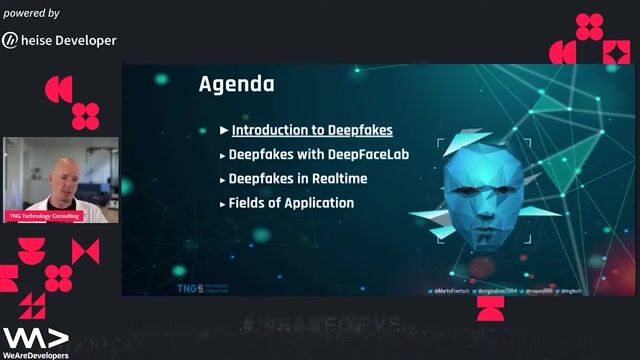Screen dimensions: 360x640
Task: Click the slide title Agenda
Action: click(236, 83)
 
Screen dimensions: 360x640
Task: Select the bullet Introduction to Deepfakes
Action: click(312, 130)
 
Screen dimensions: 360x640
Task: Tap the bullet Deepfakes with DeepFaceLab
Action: click(319, 154)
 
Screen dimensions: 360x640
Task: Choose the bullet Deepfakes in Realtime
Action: click(298, 178)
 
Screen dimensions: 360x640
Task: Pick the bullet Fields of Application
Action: click(291, 202)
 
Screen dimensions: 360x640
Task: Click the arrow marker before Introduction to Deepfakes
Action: click(224, 130)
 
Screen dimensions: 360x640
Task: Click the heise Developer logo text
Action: click(69, 40)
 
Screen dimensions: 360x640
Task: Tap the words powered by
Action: click(31, 13)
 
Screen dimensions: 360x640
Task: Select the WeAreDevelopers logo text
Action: click(35, 354)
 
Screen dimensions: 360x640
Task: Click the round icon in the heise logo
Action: click(10, 40)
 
